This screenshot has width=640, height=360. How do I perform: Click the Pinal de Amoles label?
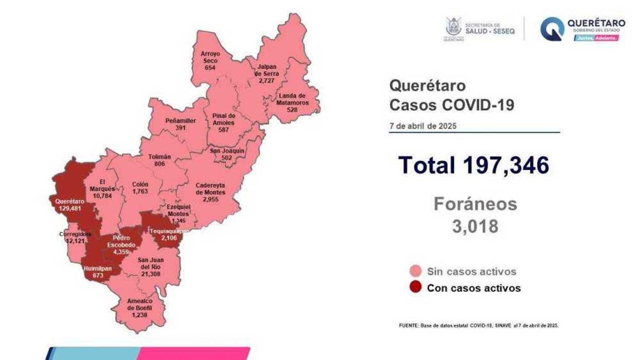(x=223, y=119)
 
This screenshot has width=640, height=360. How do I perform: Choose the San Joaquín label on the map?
(x=227, y=151)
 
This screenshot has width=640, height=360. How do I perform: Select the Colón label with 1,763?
(x=140, y=188)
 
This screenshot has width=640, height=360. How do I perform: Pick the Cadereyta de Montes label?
(x=210, y=189)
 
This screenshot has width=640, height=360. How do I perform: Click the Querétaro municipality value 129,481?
(x=70, y=209)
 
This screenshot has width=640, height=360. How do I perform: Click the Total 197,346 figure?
(x=473, y=165)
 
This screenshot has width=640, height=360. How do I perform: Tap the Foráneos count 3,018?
(x=475, y=226)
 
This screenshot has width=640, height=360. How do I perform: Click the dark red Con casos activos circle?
(x=416, y=287)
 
